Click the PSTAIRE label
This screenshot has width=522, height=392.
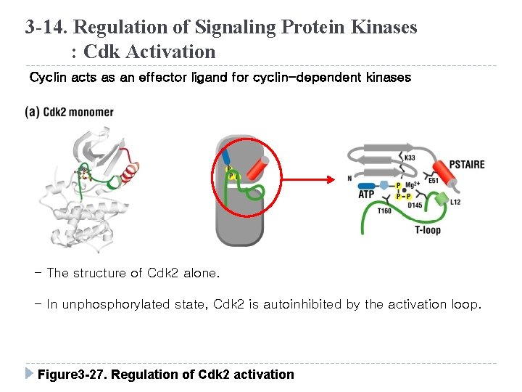tap(467, 164)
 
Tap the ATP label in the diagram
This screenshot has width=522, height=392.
tap(366, 195)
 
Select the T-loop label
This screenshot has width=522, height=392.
tap(428, 230)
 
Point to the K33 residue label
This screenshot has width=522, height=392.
tap(410, 158)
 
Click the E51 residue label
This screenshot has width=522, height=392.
tap(434, 181)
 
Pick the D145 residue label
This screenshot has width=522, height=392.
tap(415, 205)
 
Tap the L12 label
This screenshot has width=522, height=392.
tap(455, 202)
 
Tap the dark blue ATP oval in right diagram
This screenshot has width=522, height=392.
tap(365, 185)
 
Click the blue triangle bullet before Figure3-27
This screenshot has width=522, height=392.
tap(29, 374)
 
